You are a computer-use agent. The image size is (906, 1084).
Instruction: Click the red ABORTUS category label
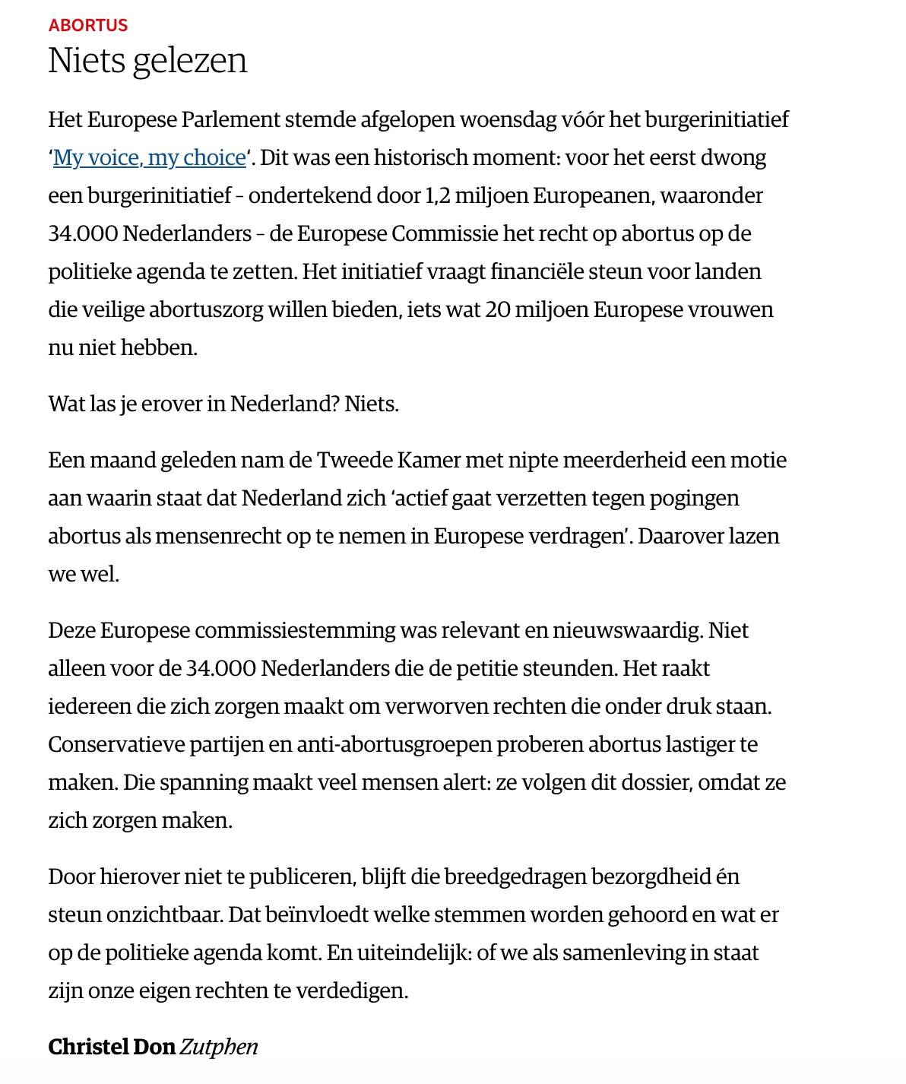88,25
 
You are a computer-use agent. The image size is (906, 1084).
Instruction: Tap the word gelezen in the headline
190,60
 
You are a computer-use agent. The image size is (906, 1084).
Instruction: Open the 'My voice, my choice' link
150,157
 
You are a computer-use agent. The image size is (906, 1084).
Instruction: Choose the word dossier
657,782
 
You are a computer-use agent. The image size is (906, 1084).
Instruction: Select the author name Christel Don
112,1047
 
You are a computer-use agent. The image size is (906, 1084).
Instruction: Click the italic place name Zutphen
219,1047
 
